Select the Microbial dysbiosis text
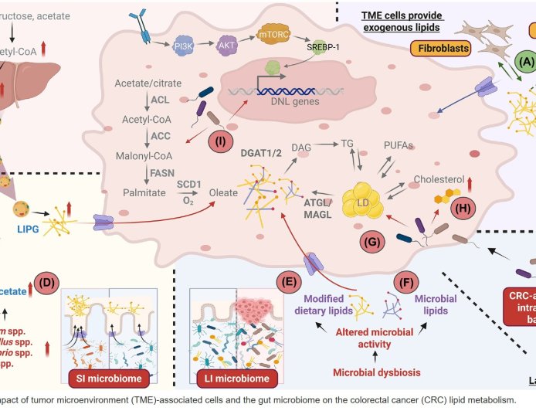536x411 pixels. tap(373, 373)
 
